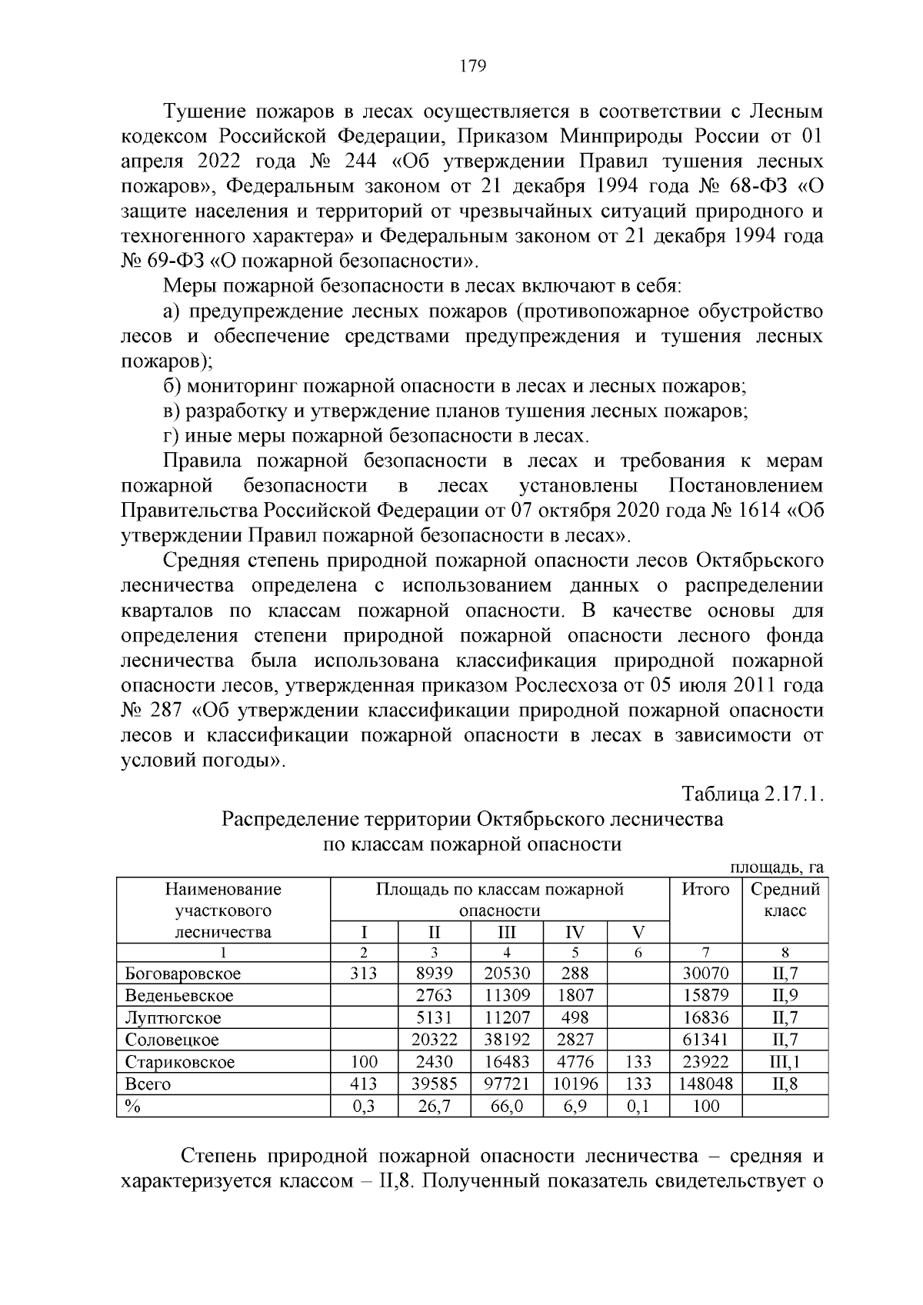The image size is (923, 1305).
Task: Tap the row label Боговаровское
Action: click(x=183, y=974)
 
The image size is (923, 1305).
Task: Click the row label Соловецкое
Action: click(x=172, y=1040)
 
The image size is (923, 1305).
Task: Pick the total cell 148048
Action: click(x=705, y=1084)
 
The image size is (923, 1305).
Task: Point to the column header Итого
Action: click(x=705, y=890)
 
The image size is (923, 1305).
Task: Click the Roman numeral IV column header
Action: click(x=575, y=933)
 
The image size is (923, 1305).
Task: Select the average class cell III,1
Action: click(x=785, y=1062)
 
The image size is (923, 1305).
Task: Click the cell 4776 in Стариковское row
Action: click(x=575, y=1062)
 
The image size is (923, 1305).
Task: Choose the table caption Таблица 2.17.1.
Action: click(x=753, y=794)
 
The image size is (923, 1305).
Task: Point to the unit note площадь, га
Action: click(x=777, y=867)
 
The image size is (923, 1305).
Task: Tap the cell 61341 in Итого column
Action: click(x=705, y=1040)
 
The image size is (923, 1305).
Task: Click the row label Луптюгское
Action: click(x=173, y=1018)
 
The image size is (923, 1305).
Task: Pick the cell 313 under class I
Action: click(x=363, y=974)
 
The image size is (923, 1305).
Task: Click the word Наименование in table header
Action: click(x=223, y=890)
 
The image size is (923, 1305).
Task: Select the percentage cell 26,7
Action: click(x=434, y=1107)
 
